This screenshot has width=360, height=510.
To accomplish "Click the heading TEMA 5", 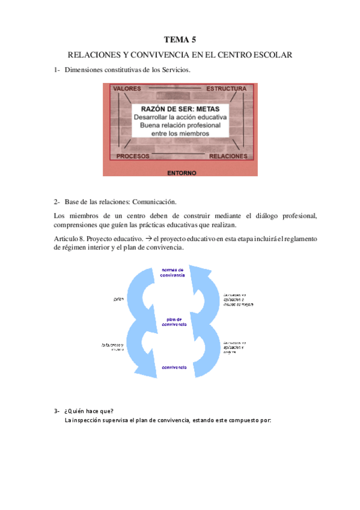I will pos(180,40).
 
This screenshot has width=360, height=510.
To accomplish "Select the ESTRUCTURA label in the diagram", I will pos(226,89).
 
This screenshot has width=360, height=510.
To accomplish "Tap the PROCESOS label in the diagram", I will pos(133,156).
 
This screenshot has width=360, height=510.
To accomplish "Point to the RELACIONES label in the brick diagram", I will pos(228,156).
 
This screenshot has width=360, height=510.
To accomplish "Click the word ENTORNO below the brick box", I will pos(182,173).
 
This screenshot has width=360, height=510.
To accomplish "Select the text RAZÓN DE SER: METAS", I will pos(180,108).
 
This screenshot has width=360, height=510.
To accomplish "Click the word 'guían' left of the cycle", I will pos(118,298).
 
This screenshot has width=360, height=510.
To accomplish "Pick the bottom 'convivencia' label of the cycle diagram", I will pos(173,366).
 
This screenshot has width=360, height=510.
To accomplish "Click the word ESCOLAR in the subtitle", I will pos(272,55).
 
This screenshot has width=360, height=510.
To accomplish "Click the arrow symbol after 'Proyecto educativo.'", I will pos(148,239).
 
